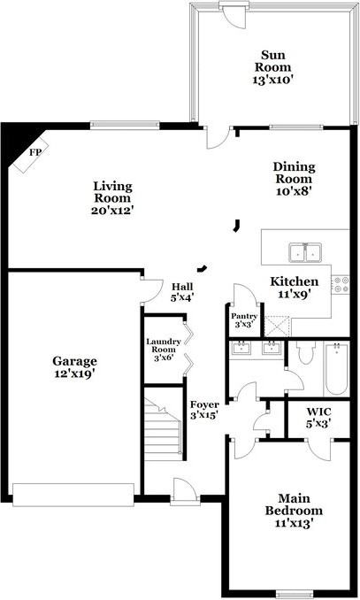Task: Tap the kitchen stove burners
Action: [341, 284]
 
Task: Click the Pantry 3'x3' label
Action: [244, 320]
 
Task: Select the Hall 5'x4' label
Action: [182, 292]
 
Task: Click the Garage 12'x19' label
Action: [74, 367]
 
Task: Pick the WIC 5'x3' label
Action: [318, 417]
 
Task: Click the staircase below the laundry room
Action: [163, 430]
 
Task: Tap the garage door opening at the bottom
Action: [74, 494]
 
